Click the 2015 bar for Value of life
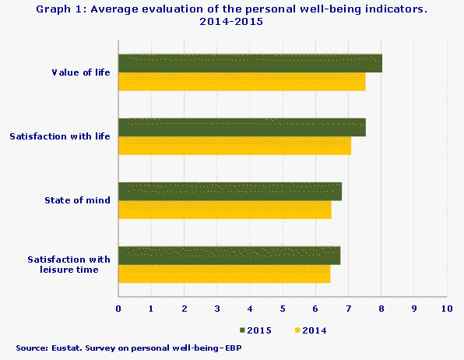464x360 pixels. [250, 64]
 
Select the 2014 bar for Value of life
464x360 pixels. [241, 82]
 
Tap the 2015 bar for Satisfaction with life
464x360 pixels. [241, 128]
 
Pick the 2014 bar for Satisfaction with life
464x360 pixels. [234, 146]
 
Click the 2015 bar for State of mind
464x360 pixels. [230, 192]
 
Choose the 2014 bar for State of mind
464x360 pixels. [224, 210]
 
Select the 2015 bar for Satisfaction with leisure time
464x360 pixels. [229, 256]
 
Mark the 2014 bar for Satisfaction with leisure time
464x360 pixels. [224, 274]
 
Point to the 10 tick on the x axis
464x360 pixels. [446, 309]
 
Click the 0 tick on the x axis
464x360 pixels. [118, 309]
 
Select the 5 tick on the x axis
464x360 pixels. [283, 309]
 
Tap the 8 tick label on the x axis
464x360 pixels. [381, 309]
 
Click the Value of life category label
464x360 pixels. [80, 72]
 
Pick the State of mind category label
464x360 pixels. [77, 200]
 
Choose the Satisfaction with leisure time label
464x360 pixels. [69, 264]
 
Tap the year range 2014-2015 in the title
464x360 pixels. [231, 22]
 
